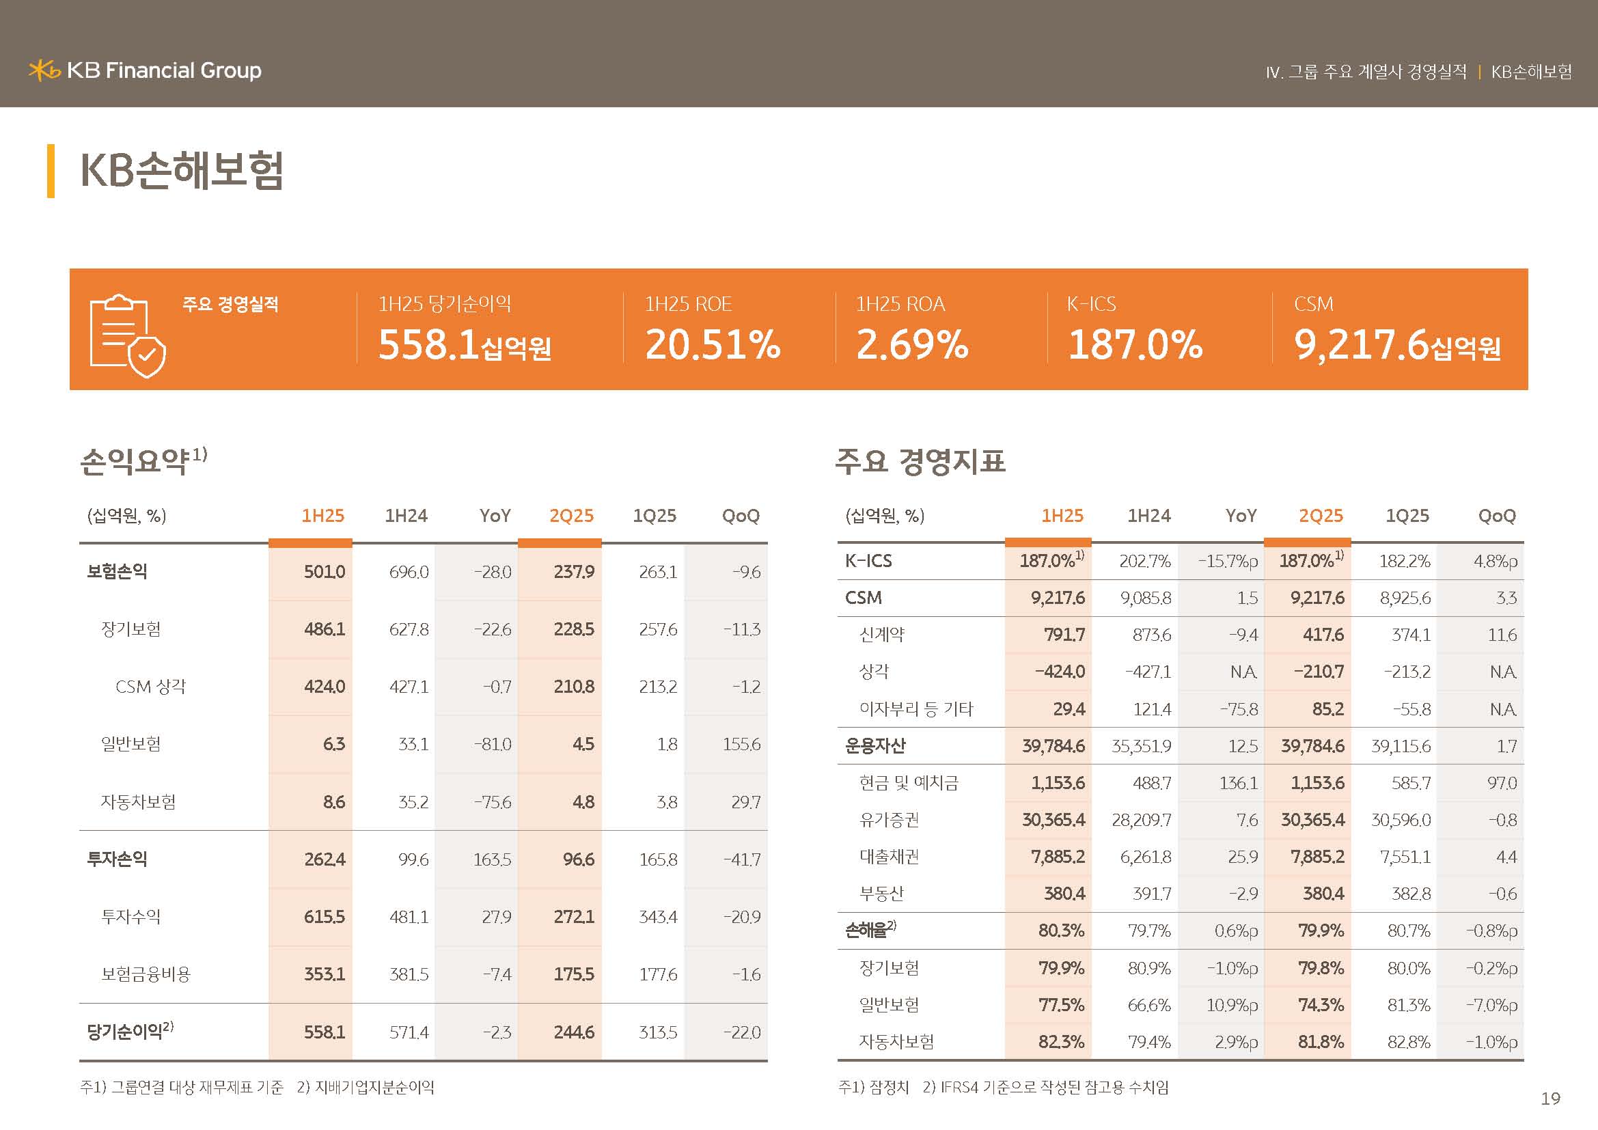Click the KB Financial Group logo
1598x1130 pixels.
point(145,70)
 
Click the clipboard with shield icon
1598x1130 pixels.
point(127,335)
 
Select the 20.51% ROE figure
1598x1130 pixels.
point(712,344)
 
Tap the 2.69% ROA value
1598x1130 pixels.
point(912,344)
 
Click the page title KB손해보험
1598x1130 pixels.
point(182,171)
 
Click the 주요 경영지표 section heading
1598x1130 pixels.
point(920,460)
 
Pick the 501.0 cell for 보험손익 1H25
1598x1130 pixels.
point(324,572)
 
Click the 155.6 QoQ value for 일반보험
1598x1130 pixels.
point(741,745)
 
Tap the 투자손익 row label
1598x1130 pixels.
point(117,859)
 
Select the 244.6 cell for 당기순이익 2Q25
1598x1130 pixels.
point(573,1032)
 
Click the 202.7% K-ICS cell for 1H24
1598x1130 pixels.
point(1144,561)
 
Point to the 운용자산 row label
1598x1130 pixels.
point(875,746)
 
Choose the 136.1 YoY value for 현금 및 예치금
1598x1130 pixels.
point(1238,783)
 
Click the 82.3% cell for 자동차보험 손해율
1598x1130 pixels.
point(1061,1042)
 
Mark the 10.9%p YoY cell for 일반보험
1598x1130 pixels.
point(1231,1005)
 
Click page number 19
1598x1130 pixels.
point(1550,1099)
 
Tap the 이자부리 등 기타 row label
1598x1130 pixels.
point(916,709)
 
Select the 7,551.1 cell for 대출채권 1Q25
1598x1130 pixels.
point(1405,857)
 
